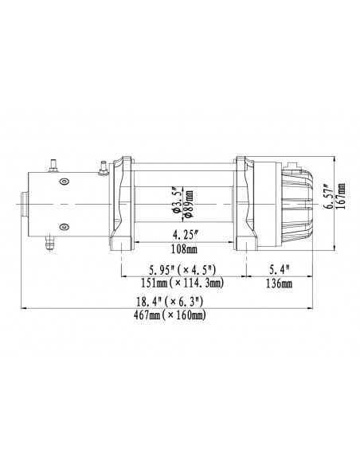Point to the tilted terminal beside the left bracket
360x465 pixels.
(x=102, y=168)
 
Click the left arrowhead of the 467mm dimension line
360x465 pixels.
(x=26, y=308)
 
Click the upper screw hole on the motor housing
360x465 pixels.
(x=62, y=181)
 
